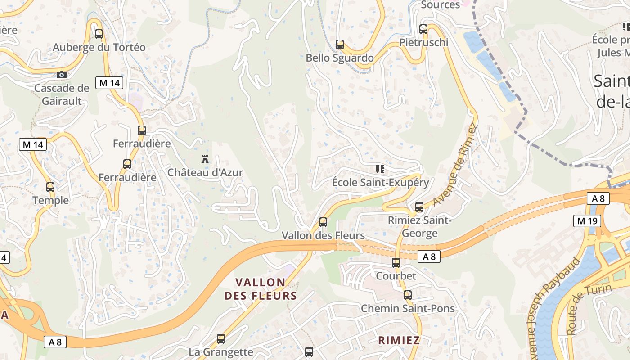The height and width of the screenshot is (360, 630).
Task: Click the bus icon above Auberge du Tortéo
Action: tap(99, 34)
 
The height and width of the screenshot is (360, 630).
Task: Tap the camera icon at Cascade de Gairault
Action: tap(62, 75)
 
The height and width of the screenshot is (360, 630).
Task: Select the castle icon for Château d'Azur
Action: tap(205, 159)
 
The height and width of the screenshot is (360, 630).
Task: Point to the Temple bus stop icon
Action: tap(50, 187)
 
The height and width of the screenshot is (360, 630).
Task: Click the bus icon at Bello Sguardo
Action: tap(340, 45)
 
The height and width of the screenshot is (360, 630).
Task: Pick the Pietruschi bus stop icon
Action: tap(423, 29)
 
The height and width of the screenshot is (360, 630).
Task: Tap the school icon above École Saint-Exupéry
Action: tap(380, 169)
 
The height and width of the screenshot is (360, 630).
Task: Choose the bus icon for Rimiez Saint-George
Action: tap(419, 207)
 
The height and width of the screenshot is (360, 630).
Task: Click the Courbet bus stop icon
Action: tap(396, 262)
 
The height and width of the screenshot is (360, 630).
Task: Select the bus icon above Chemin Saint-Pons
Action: tap(408, 295)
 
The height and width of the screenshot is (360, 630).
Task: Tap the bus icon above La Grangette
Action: tap(221, 339)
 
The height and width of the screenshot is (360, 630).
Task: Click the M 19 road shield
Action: tap(587, 220)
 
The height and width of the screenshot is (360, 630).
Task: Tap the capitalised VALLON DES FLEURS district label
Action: tap(261, 289)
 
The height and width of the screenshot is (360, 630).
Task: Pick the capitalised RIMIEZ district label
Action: tap(399, 340)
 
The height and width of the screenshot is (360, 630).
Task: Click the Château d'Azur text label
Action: tap(205, 172)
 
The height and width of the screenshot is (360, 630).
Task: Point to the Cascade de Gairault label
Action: tap(62, 94)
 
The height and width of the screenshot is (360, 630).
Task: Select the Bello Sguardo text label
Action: tap(340, 58)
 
